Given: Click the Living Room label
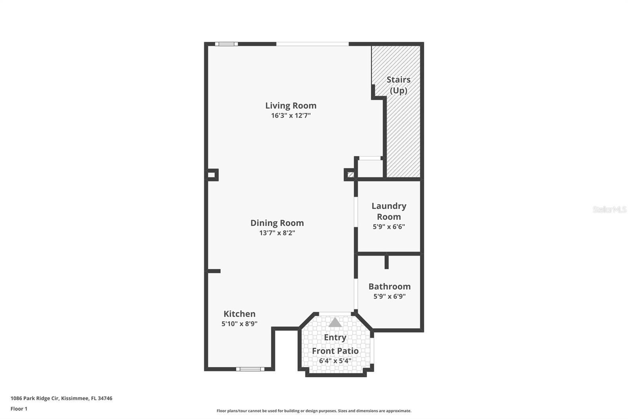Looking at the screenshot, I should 290,105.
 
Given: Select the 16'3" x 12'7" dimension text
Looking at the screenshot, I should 290,116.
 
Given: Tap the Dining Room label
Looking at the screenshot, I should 277,223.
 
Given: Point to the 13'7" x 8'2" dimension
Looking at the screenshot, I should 277,233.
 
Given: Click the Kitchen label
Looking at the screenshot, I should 239,314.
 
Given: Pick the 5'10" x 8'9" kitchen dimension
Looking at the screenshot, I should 239,324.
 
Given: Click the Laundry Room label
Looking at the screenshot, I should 389,211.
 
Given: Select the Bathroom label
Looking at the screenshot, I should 389,287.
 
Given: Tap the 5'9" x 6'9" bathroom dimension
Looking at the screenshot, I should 389,296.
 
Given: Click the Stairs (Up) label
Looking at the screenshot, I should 398,85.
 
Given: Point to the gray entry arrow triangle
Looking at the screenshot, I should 335,323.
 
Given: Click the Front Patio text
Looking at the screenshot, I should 335,351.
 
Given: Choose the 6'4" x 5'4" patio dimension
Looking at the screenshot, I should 335,360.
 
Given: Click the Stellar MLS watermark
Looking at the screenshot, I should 609,209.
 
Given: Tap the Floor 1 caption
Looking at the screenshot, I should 19,409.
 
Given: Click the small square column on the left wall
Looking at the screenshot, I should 212,175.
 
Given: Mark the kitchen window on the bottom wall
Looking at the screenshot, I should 250,369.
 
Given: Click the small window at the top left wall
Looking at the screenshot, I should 226,44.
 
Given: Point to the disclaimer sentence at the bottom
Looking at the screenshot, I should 314,411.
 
